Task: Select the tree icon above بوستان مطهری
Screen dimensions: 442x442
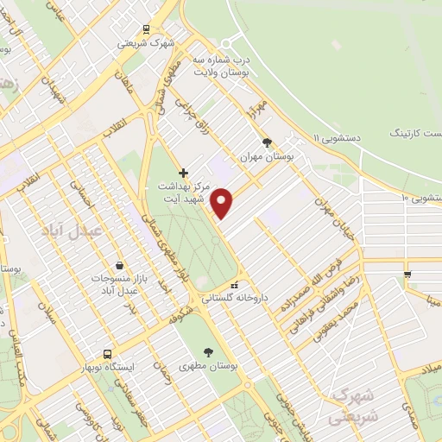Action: [209, 351]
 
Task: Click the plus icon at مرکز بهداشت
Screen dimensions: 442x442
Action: [183, 173]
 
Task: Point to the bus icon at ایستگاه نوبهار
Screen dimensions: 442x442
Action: [107, 354]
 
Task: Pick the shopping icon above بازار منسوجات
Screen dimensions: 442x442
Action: [118, 265]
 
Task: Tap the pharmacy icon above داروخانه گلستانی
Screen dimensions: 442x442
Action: [234, 286]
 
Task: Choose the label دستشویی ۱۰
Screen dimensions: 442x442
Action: [421, 199]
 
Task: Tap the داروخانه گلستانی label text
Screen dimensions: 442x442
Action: [236, 298]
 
